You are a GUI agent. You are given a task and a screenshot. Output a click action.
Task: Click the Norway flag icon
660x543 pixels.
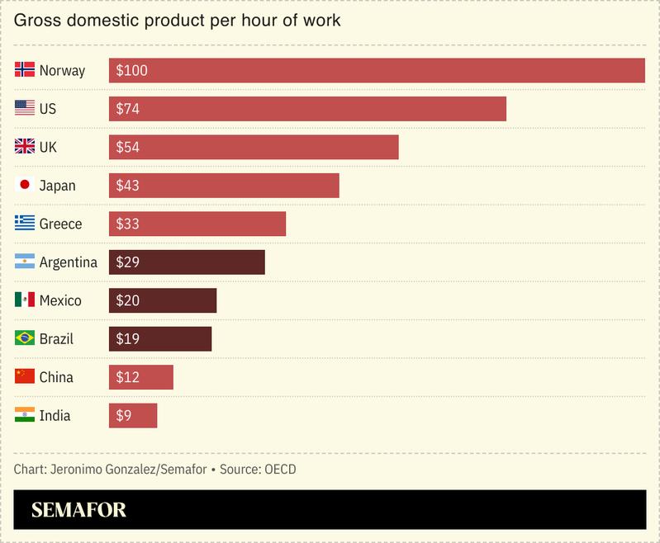(25, 70)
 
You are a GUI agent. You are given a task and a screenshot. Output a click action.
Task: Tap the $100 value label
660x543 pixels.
(132, 71)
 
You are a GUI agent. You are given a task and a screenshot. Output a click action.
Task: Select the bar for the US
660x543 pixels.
(307, 109)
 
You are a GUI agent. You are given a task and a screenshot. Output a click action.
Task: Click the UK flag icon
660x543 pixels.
(25, 147)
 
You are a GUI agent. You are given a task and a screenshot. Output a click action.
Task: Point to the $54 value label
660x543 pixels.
(128, 148)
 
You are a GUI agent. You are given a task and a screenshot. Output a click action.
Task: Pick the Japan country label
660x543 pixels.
(57, 186)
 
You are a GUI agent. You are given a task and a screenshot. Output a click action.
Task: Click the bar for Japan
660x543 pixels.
(224, 186)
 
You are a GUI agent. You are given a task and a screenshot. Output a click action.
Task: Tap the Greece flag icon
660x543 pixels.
(25, 224)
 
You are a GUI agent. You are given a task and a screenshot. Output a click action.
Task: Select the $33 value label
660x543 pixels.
(128, 224)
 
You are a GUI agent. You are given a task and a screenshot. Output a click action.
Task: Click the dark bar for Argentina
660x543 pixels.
(187, 262)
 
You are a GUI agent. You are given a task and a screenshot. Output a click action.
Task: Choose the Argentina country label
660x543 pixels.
(68, 262)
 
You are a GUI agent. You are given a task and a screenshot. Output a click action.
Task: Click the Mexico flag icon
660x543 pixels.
(25, 300)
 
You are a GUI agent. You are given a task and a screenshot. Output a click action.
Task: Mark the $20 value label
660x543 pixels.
(128, 301)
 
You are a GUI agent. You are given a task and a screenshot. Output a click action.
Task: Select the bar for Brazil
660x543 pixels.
(160, 339)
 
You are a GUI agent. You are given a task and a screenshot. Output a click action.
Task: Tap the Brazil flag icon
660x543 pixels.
(25, 338)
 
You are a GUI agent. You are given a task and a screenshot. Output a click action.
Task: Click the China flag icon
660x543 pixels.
(25, 376)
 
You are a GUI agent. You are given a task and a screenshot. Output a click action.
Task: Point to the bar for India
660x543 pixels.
(133, 416)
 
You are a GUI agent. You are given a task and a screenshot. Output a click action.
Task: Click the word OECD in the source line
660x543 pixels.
(280, 470)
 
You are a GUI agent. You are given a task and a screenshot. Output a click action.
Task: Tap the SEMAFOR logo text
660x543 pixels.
(79, 510)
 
